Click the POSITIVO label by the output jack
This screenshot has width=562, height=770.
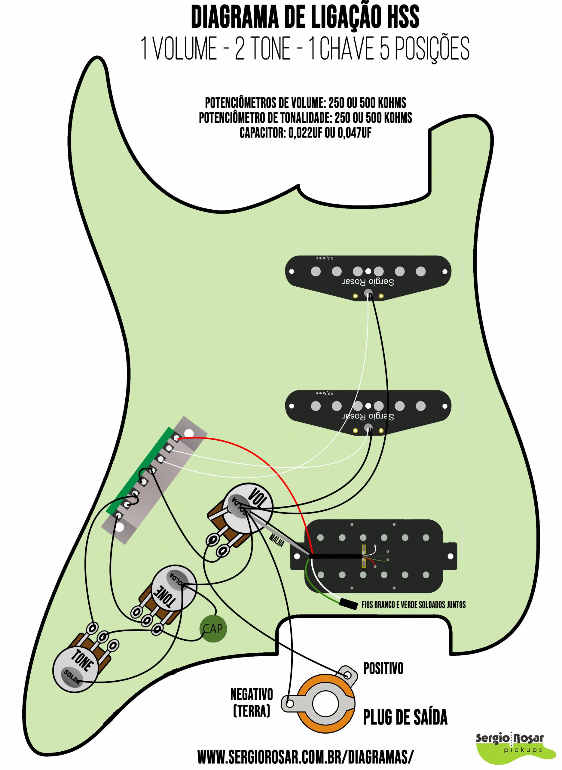(x=383, y=669)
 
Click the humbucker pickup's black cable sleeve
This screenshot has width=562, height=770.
(x=335, y=556)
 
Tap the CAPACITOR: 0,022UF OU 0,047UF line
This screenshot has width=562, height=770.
(x=305, y=133)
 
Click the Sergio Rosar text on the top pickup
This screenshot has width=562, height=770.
(x=368, y=282)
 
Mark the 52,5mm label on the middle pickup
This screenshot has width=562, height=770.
(x=324, y=393)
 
